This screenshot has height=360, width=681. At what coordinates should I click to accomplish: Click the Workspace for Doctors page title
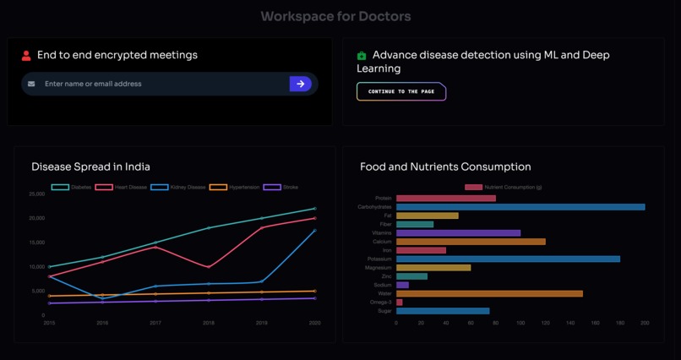pyautogui.click(x=335, y=16)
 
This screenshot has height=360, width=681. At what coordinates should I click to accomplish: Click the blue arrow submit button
pyautogui.click(x=300, y=84)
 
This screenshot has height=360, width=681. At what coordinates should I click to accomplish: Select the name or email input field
pyautogui.click(x=161, y=84)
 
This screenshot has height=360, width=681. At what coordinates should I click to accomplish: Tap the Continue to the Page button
pyautogui.click(x=401, y=91)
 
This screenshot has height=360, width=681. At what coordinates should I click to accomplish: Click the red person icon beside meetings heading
pyautogui.click(x=26, y=56)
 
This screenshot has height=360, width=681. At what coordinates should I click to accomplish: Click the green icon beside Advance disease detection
pyautogui.click(x=362, y=56)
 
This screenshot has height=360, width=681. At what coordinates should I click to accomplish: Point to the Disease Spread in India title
pyautogui.click(x=90, y=166)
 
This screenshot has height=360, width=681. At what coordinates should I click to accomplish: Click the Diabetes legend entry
pyautogui.click(x=72, y=187)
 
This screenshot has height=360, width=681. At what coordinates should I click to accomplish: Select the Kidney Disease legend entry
pyautogui.click(x=178, y=187)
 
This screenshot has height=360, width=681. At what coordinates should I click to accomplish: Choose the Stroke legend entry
pyautogui.click(x=281, y=187)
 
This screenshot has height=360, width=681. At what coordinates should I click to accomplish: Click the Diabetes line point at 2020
pyautogui.click(x=315, y=209)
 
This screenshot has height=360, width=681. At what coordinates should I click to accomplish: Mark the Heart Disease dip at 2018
pyautogui.click(x=209, y=267)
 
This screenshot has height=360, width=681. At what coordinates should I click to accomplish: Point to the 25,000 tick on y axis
pyautogui.click(x=36, y=194)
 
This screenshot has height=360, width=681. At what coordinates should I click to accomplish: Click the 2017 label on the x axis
pyautogui.click(x=155, y=323)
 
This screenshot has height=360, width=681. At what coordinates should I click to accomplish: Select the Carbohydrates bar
pyautogui.click(x=520, y=207)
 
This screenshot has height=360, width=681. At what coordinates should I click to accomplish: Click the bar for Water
pyautogui.click(x=489, y=294)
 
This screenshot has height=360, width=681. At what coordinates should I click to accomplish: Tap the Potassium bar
pyautogui.click(x=507, y=259)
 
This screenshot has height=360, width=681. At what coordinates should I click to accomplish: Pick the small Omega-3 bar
pyautogui.click(x=400, y=303)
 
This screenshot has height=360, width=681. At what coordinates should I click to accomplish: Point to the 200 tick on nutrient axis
pyautogui.click(x=645, y=323)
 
